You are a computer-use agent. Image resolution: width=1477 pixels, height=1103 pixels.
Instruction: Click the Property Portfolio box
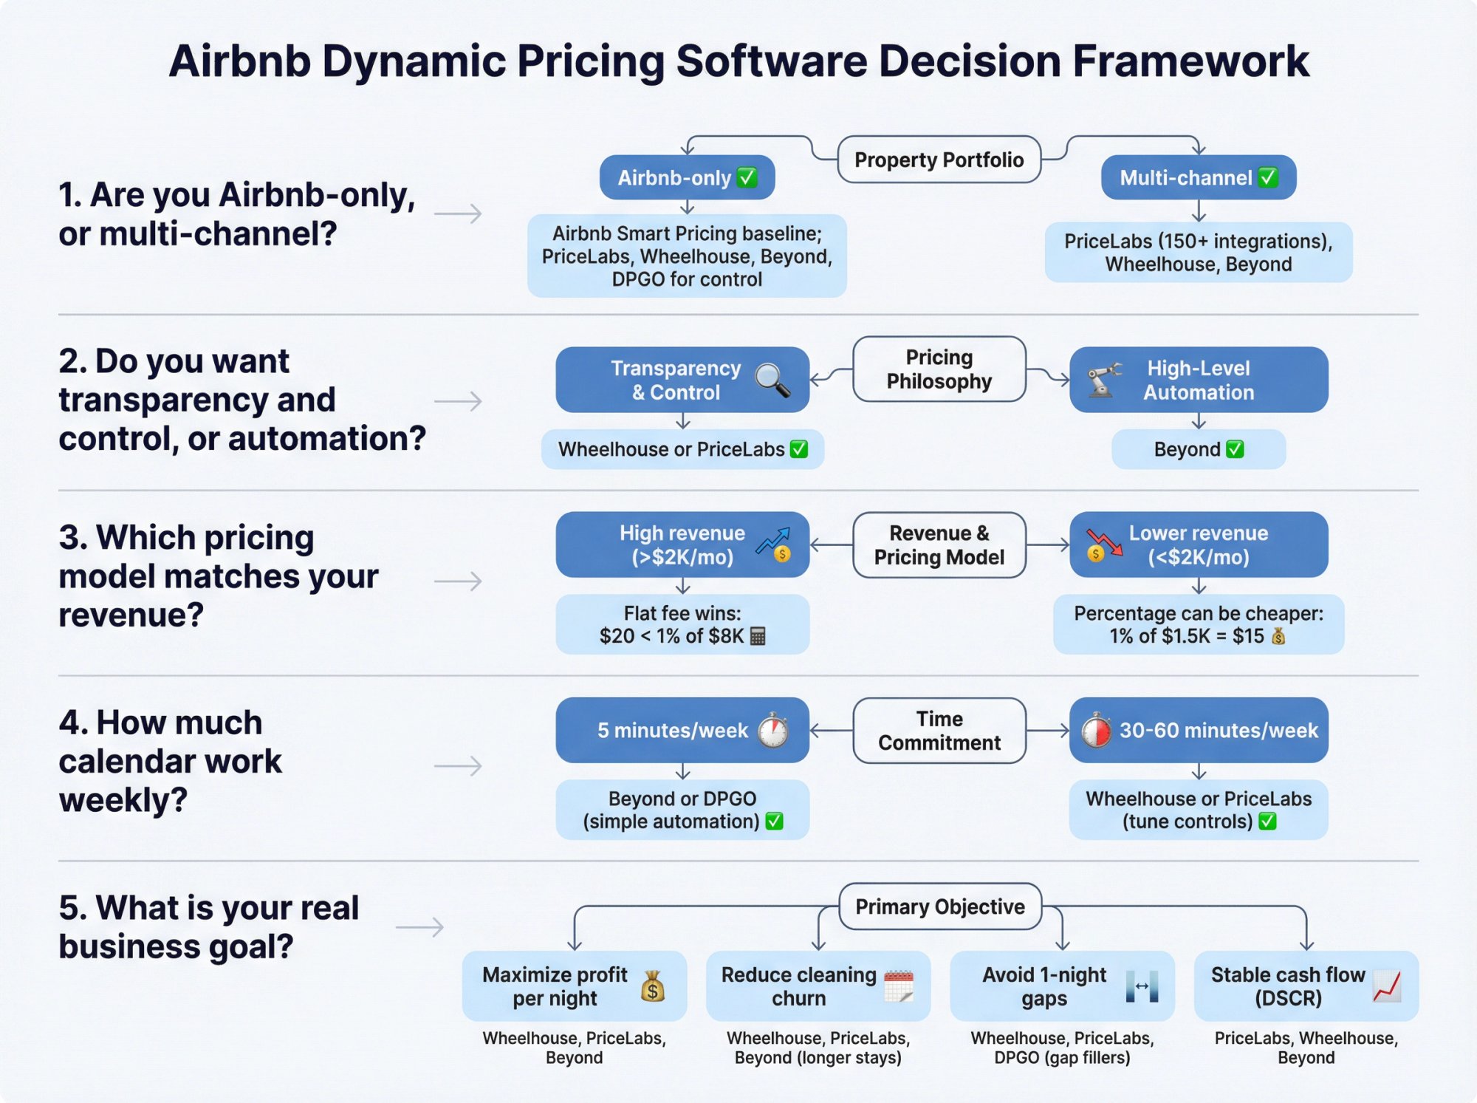[x=939, y=160]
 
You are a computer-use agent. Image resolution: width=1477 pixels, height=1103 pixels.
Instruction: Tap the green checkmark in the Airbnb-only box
[x=747, y=177]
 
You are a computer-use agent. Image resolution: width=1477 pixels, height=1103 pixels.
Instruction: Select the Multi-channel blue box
[x=1198, y=177]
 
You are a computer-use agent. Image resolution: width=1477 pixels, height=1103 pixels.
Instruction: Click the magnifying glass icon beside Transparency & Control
[x=772, y=380]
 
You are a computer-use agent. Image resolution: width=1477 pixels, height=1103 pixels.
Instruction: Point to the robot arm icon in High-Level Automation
[x=1103, y=379]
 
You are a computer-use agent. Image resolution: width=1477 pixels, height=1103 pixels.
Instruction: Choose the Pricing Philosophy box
[x=939, y=369]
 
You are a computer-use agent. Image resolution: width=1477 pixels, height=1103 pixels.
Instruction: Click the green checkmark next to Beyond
[x=1235, y=449]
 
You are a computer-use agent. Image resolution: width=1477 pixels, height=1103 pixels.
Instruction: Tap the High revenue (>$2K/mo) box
[x=682, y=544]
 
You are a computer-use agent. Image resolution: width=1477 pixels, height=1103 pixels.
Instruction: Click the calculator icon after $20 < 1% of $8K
[x=758, y=636]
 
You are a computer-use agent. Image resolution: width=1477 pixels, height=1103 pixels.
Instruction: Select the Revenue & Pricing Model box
[x=939, y=544]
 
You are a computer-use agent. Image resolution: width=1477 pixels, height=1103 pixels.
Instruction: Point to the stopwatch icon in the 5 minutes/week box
[x=773, y=730]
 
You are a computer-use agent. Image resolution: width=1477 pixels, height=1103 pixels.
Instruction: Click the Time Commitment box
[x=939, y=730]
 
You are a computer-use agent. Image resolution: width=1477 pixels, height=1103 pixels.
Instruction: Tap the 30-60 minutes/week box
[x=1198, y=730]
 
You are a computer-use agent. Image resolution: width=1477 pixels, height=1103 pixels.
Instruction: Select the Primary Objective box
[x=939, y=906]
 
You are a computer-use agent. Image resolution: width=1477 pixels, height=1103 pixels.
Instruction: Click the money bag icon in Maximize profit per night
[x=653, y=986]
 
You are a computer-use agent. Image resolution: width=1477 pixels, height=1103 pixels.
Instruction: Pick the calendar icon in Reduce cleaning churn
[x=899, y=986]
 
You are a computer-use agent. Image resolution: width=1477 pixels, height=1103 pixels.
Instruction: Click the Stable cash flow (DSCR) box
[x=1305, y=986]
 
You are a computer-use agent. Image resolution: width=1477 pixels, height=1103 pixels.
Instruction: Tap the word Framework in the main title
[x=1190, y=61]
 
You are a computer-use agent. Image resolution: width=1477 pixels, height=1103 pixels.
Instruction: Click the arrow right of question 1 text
[x=458, y=214]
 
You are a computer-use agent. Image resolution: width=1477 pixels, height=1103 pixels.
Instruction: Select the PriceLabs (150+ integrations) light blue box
[x=1198, y=253]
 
